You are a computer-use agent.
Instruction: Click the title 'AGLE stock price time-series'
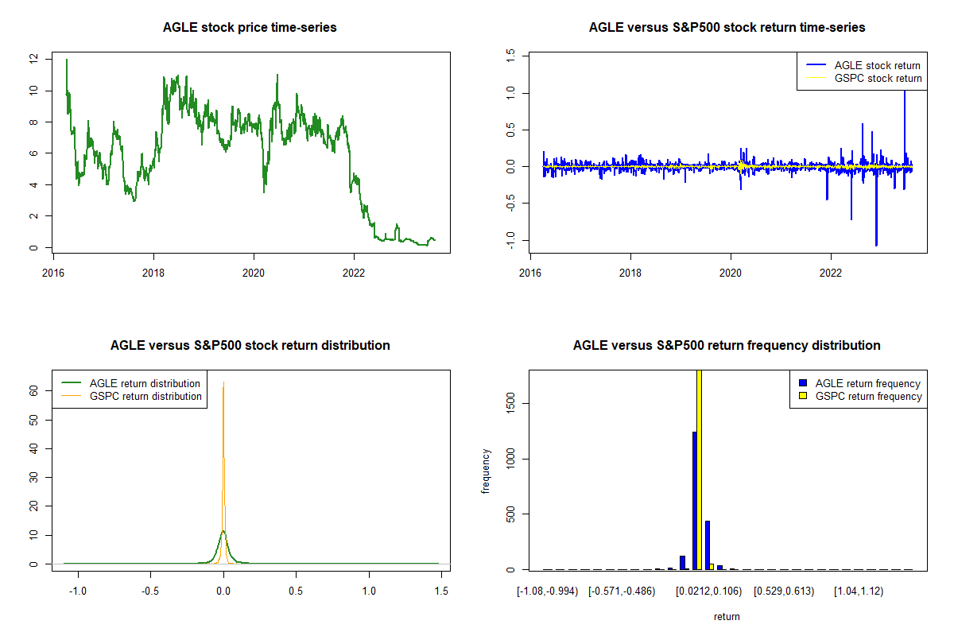250,28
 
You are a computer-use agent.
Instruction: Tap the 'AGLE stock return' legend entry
877,65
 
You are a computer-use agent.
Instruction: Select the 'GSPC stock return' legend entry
878,78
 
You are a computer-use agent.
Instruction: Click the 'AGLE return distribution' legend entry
145,383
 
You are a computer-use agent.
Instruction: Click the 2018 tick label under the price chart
153,269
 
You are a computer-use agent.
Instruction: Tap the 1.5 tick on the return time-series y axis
510,55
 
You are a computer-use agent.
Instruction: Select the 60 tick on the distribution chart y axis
33,391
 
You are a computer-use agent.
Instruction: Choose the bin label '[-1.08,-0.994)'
549,591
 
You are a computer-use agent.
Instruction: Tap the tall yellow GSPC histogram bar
700,469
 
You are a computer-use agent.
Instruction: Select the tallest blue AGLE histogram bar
694,501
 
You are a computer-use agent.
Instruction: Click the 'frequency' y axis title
485,471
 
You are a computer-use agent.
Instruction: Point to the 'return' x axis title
727,616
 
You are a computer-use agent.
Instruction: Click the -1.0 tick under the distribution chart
78,591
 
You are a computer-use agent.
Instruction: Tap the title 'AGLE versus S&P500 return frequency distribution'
727,346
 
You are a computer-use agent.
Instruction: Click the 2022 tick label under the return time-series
831,269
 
